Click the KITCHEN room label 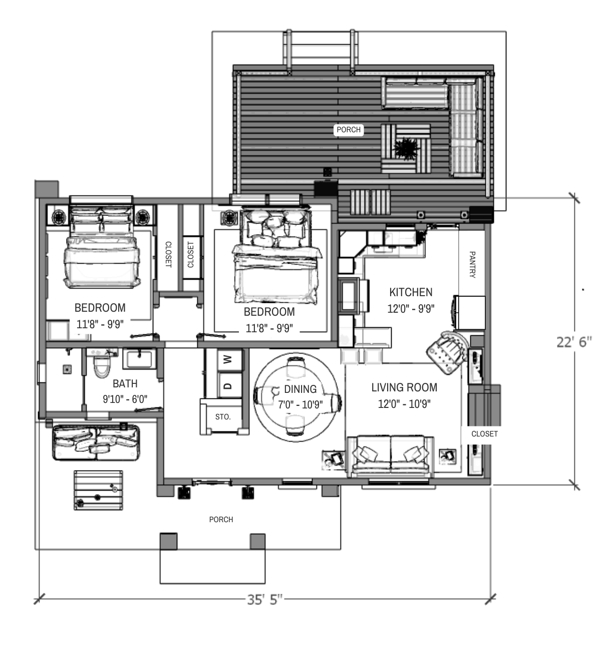click(x=411, y=292)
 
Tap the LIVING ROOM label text click(x=404, y=387)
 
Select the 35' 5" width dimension click(x=264, y=599)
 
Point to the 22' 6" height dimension click(x=574, y=342)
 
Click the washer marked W click(x=229, y=359)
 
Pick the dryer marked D click(x=229, y=385)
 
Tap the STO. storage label click(x=223, y=416)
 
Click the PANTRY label click(x=472, y=265)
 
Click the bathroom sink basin click(x=140, y=359)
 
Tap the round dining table click(x=296, y=397)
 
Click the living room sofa click(x=391, y=455)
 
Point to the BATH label click(x=125, y=383)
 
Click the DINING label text click(x=300, y=389)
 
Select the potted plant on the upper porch click(x=406, y=149)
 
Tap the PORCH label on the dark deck click(x=349, y=130)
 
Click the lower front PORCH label click(x=221, y=520)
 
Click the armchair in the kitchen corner click(x=447, y=352)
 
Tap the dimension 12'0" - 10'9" click(x=404, y=404)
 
